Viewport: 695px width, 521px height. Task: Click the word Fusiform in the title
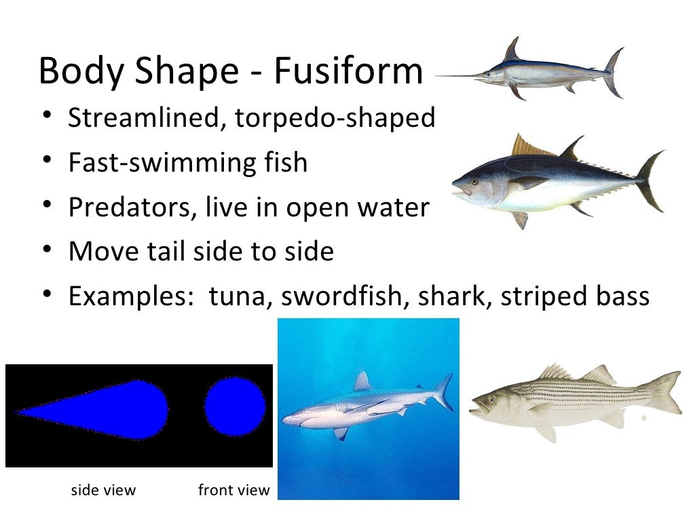coord(348,71)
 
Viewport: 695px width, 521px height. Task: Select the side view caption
coord(103,490)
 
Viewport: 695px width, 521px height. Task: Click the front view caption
coord(233,490)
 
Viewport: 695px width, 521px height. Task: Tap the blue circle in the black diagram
coord(235,407)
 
